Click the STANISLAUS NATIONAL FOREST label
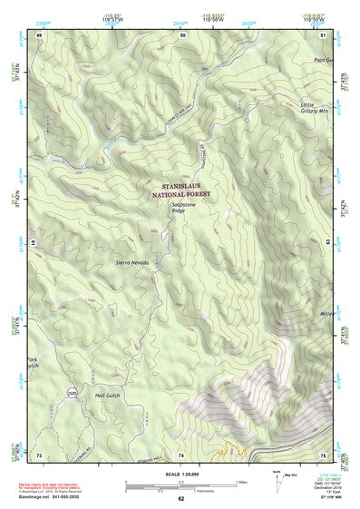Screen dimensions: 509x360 183,189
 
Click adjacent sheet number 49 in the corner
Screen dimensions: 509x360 39,34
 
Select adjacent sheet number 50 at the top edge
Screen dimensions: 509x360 182,34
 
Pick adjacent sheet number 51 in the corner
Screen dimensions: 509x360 324,34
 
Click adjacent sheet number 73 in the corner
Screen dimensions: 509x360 39,453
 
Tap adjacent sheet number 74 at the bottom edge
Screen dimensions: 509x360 182,453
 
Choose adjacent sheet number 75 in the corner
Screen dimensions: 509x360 324,453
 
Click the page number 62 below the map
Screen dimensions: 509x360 181,499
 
